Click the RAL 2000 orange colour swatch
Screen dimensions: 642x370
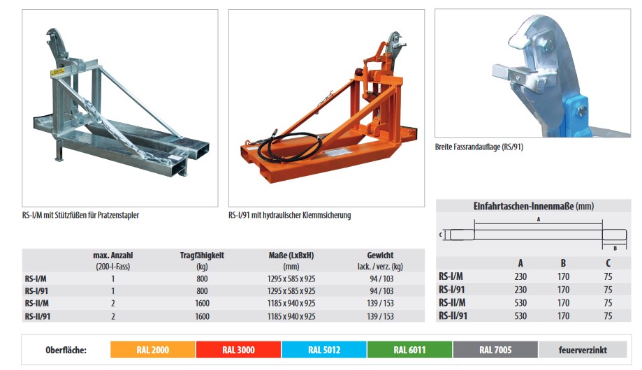click(x=153, y=350)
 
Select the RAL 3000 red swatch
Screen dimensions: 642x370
click(x=238, y=350)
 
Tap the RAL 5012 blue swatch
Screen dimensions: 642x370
click(x=324, y=350)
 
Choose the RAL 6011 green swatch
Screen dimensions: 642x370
click(x=409, y=350)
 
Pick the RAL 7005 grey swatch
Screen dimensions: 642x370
click(x=495, y=350)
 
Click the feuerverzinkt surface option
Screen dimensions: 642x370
click(x=583, y=350)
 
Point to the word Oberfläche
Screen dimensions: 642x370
click(x=66, y=350)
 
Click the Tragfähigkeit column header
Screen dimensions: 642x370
click(x=202, y=256)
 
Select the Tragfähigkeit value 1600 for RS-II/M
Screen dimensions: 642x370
click(x=203, y=303)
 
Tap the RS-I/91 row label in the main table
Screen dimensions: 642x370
click(x=36, y=291)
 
